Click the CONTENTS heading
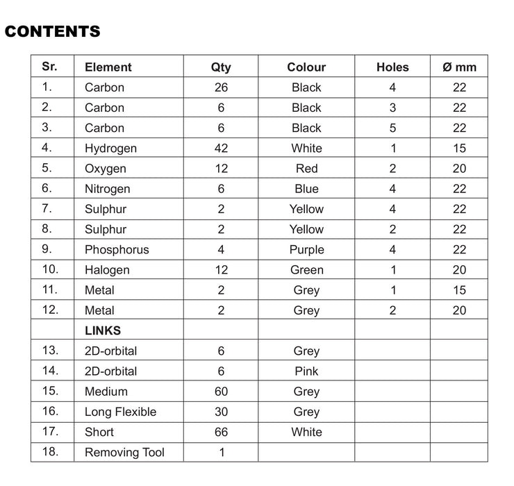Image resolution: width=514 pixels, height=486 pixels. (53, 31)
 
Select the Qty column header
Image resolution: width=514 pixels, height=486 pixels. (221, 67)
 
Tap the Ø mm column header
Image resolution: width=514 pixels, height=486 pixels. (459, 67)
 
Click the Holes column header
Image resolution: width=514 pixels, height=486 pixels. (392, 67)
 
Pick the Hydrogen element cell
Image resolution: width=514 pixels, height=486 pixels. (110, 149)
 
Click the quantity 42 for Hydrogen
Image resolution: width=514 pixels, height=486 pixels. (221, 148)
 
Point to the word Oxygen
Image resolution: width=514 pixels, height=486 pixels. (106, 169)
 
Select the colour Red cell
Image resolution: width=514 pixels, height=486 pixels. (306, 169)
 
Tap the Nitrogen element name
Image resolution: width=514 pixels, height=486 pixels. (107, 189)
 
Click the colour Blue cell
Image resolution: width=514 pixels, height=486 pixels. (306, 189)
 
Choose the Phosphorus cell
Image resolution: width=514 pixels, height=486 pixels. (117, 250)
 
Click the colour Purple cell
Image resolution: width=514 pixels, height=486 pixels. (306, 250)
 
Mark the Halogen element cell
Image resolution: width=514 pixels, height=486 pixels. (107, 270)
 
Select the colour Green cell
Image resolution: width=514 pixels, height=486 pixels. (306, 270)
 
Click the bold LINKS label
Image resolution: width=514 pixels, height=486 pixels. (103, 330)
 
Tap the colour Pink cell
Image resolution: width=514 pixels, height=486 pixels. (306, 371)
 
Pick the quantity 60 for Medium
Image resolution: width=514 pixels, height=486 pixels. (221, 392)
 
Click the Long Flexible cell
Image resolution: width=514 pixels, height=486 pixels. (120, 412)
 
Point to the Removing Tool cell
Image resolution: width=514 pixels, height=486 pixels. (124, 453)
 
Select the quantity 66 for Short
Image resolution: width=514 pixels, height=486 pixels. (221, 432)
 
